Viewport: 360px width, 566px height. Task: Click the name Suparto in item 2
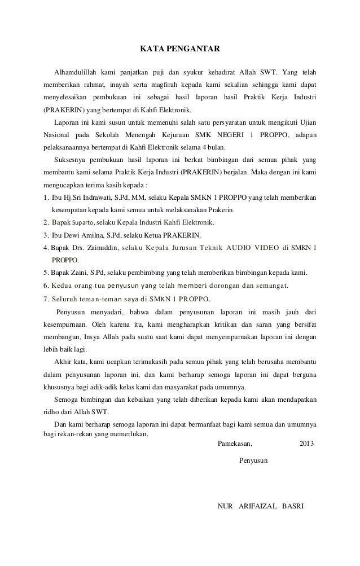point(83,222)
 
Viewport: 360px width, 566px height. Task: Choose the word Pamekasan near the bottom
point(235,444)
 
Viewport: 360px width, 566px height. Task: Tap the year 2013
point(307,444)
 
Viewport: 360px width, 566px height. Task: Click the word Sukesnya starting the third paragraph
point(70,160)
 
